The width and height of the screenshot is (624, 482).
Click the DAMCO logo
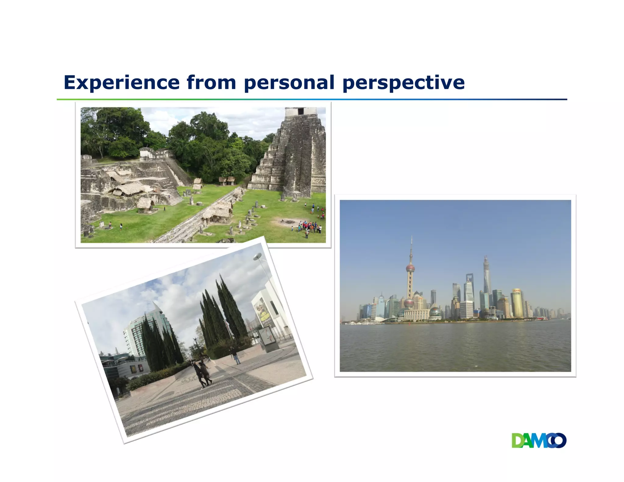pyautogui.click(x=539, y=441)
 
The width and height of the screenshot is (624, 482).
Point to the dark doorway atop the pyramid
pyautogui.click(x=300, y=111)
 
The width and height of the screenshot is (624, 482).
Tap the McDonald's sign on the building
pyautogui.click(x=133, y=370)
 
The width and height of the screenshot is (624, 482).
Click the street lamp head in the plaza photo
pyautogui.click(x=257, y=257)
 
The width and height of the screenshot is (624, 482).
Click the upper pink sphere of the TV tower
pyautogui.click(x=410, y=268)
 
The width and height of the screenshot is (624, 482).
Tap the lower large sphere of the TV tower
pyautogui.click(x=409, y=303)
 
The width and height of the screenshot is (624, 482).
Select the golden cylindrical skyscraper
pyautogui.click(x=517, y=303)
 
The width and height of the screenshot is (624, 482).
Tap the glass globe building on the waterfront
pyautogui.click(x=435, y=313)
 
